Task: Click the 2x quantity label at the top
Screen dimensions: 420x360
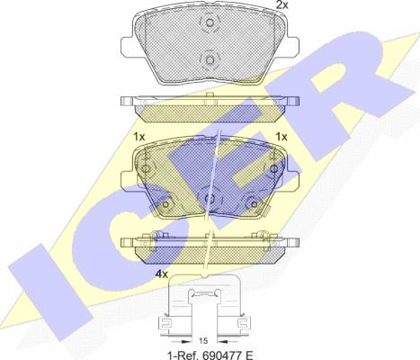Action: click(x=281, y=4)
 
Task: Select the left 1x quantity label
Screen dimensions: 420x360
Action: click(x=139, y=137)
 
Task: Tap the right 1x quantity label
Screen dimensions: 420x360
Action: click(x=281, y=137)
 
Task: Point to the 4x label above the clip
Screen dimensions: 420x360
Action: click(x=162, y=274)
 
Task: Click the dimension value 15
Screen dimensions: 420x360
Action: click(x=203, y=341)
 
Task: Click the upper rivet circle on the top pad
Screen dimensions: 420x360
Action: click(x=210, y=22)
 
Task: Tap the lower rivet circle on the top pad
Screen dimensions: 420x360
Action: click(x=210, y=60)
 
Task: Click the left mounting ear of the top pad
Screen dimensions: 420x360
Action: click(x=127, y=47)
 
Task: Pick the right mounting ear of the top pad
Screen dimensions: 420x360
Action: click(x=293, y=47)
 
